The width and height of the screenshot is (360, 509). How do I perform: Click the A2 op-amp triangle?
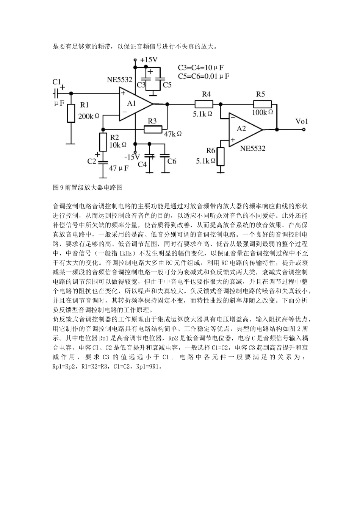click(243, 129)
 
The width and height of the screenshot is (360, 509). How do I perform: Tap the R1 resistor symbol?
click(71, 113)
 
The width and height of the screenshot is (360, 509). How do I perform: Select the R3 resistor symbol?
click(153, 129)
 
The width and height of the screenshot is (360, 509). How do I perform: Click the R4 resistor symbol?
click(204, 104)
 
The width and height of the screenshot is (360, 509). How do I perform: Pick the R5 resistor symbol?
click(262, 104)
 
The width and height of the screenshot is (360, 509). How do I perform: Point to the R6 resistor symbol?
click(221, 156)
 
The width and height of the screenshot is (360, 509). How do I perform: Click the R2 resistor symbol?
click(103, 142)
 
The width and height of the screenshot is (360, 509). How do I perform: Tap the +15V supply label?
click(149, 59)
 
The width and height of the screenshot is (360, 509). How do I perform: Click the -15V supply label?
click(132, 156)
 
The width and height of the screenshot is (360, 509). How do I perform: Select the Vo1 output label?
click(302, 121)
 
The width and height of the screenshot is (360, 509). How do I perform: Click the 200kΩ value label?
click(89, 116)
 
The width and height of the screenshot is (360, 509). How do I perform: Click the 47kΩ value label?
click(173, 134)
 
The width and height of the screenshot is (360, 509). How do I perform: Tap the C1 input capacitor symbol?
click(55, 93)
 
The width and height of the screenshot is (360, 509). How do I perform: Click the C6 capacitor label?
click(172, 161)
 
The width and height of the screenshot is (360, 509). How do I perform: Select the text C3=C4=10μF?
click(200, 68)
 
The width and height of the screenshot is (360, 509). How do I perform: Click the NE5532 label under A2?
click(252, 148)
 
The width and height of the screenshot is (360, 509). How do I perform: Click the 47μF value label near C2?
click(119, 168)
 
